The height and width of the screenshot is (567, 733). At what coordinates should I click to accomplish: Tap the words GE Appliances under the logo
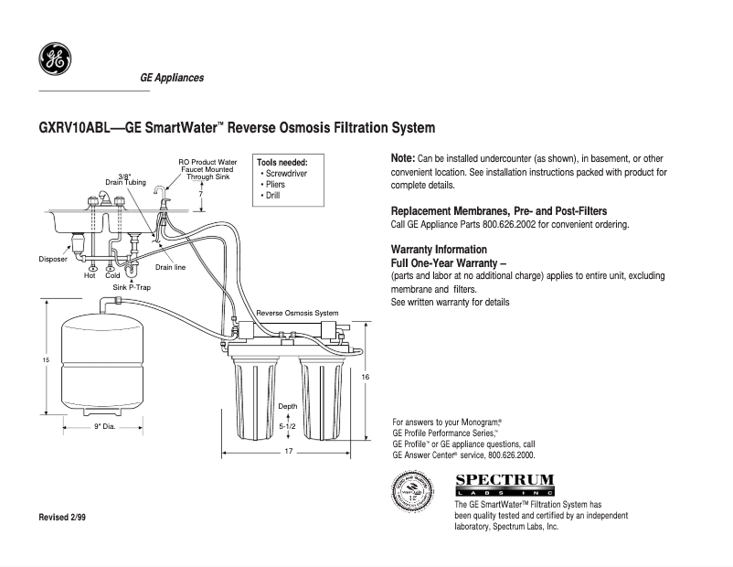point(172,78)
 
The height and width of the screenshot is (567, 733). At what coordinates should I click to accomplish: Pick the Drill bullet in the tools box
point(275,195)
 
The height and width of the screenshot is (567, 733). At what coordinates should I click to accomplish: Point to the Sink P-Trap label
point(132,286)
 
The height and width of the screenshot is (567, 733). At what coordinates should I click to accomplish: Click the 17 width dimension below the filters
point(288,452)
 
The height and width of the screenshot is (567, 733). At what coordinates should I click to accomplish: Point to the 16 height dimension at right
point(365,377)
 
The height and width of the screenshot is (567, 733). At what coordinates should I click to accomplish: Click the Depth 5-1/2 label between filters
point(287,416)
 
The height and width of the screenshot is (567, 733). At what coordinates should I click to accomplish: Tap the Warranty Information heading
point(439,250)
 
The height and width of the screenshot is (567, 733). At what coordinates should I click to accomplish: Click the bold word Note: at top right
point(403,158)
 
